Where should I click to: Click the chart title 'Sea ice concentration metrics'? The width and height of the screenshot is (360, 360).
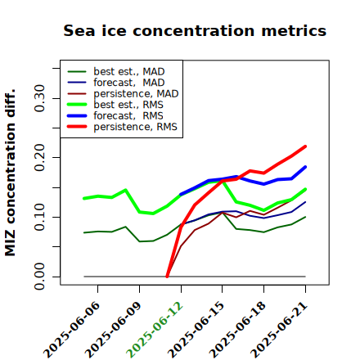point(195,30)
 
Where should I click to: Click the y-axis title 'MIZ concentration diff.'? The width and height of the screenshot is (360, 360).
point(10,173)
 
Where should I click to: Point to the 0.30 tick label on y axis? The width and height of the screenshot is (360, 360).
point(39,98)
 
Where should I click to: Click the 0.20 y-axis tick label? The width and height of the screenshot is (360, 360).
point(39,157)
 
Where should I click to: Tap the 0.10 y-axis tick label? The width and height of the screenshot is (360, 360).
point(39,217)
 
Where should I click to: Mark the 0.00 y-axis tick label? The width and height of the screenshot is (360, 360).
point(39,277)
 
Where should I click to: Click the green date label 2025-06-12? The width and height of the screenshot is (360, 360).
point(154,330)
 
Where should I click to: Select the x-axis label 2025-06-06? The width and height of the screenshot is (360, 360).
point(71,330)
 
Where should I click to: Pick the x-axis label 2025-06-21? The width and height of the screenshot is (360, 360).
point(279,330)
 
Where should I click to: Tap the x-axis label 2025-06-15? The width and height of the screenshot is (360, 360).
point(196,330)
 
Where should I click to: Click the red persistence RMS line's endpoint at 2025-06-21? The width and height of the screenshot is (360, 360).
point(305,146)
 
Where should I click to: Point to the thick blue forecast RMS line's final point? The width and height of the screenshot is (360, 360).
point(305,167)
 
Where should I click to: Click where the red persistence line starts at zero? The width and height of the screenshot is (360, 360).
point(167,277)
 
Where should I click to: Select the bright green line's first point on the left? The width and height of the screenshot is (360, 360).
point(84,198)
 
